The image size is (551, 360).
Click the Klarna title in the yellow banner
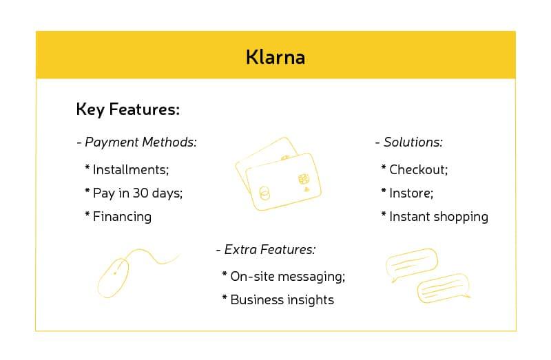pyautogui.click(x=275, y=57)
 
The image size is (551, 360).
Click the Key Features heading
pyautogui.click(x=127, y=110)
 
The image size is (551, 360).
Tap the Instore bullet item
pyautogui.click(x=411, y=193)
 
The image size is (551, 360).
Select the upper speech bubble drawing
pyautogui.click(x=412, y=264)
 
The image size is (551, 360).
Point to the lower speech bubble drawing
pyautogui.click(x=443, y=287)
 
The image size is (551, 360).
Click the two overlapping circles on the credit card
pyautogui.click(x=263, y=193)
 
